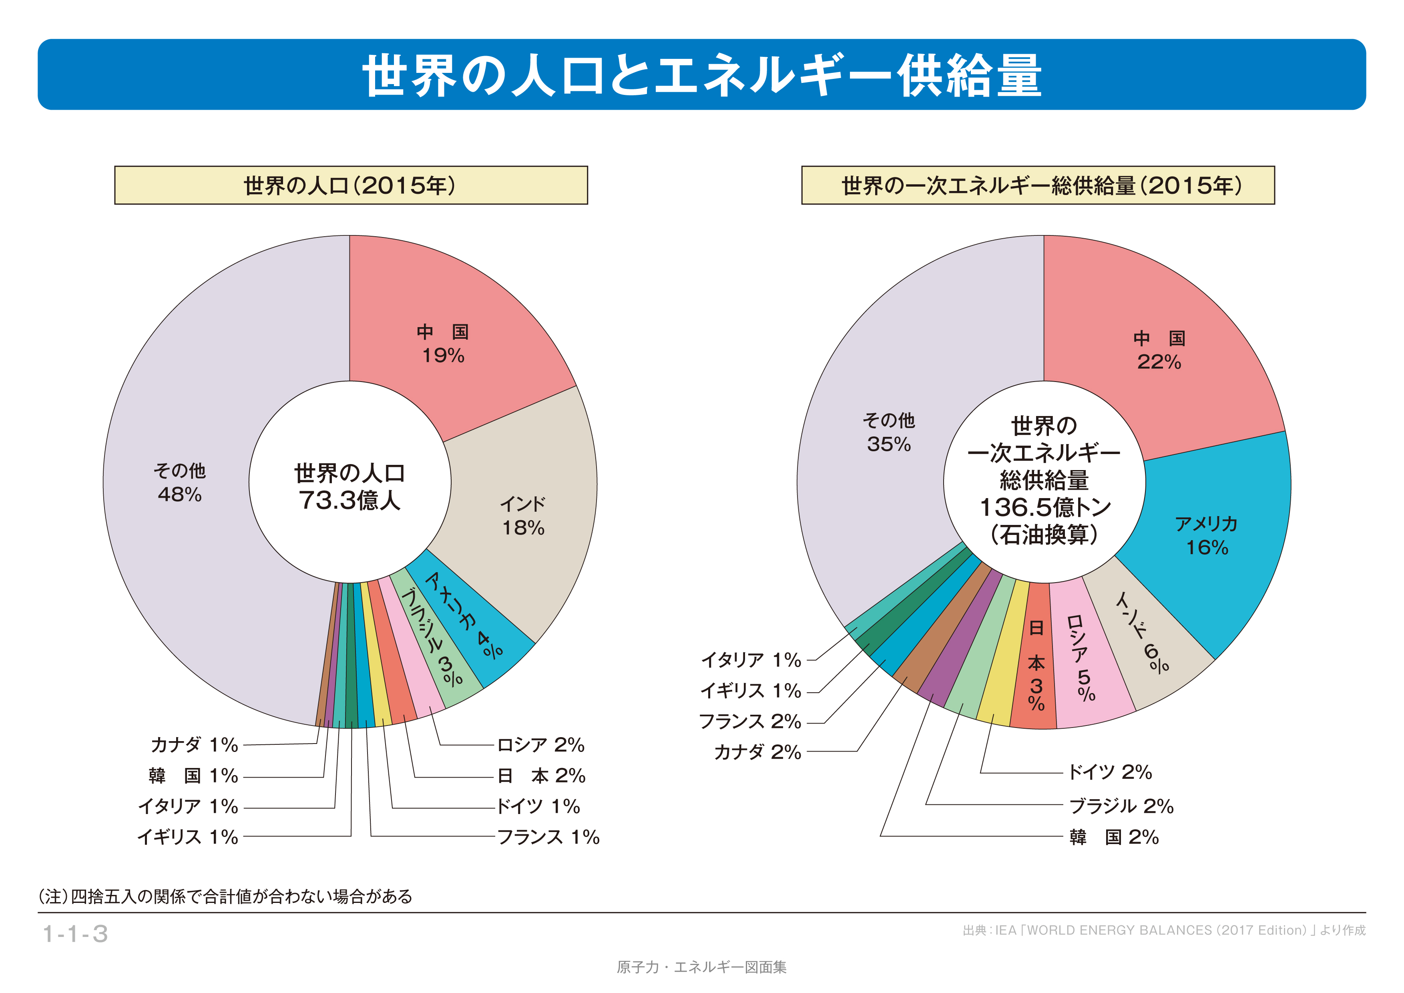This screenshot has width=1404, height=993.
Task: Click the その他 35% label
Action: point(888,432)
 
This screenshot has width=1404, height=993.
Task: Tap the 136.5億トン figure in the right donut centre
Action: point(1044,507)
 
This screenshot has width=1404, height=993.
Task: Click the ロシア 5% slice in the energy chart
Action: point(1085,657)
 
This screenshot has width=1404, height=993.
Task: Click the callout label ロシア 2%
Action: point(540,745)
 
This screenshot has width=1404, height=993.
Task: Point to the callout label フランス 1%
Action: point(548,837)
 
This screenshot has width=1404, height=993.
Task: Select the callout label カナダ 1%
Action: point(194,745)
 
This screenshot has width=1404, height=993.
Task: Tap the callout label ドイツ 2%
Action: point(1109,772)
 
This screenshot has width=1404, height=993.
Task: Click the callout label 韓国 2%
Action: point(1113,837)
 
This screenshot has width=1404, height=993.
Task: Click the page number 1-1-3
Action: point(75,934)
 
